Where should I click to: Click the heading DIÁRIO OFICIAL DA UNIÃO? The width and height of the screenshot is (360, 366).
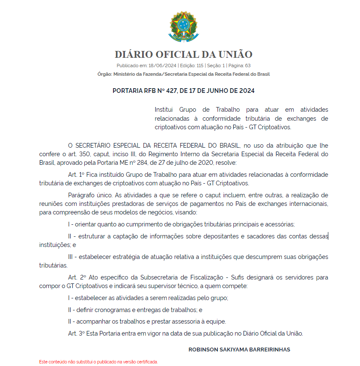pos(183,54)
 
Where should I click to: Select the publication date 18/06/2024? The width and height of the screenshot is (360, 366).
pos(162,65)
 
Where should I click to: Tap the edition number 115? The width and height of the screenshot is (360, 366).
pos(200,65)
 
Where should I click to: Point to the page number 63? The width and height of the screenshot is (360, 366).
pos(247,65)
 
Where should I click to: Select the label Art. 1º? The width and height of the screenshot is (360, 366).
pos(76,175)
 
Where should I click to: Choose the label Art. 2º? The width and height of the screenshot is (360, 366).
pos(76,277)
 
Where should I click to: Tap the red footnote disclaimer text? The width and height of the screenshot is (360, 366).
pos(98,362)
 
